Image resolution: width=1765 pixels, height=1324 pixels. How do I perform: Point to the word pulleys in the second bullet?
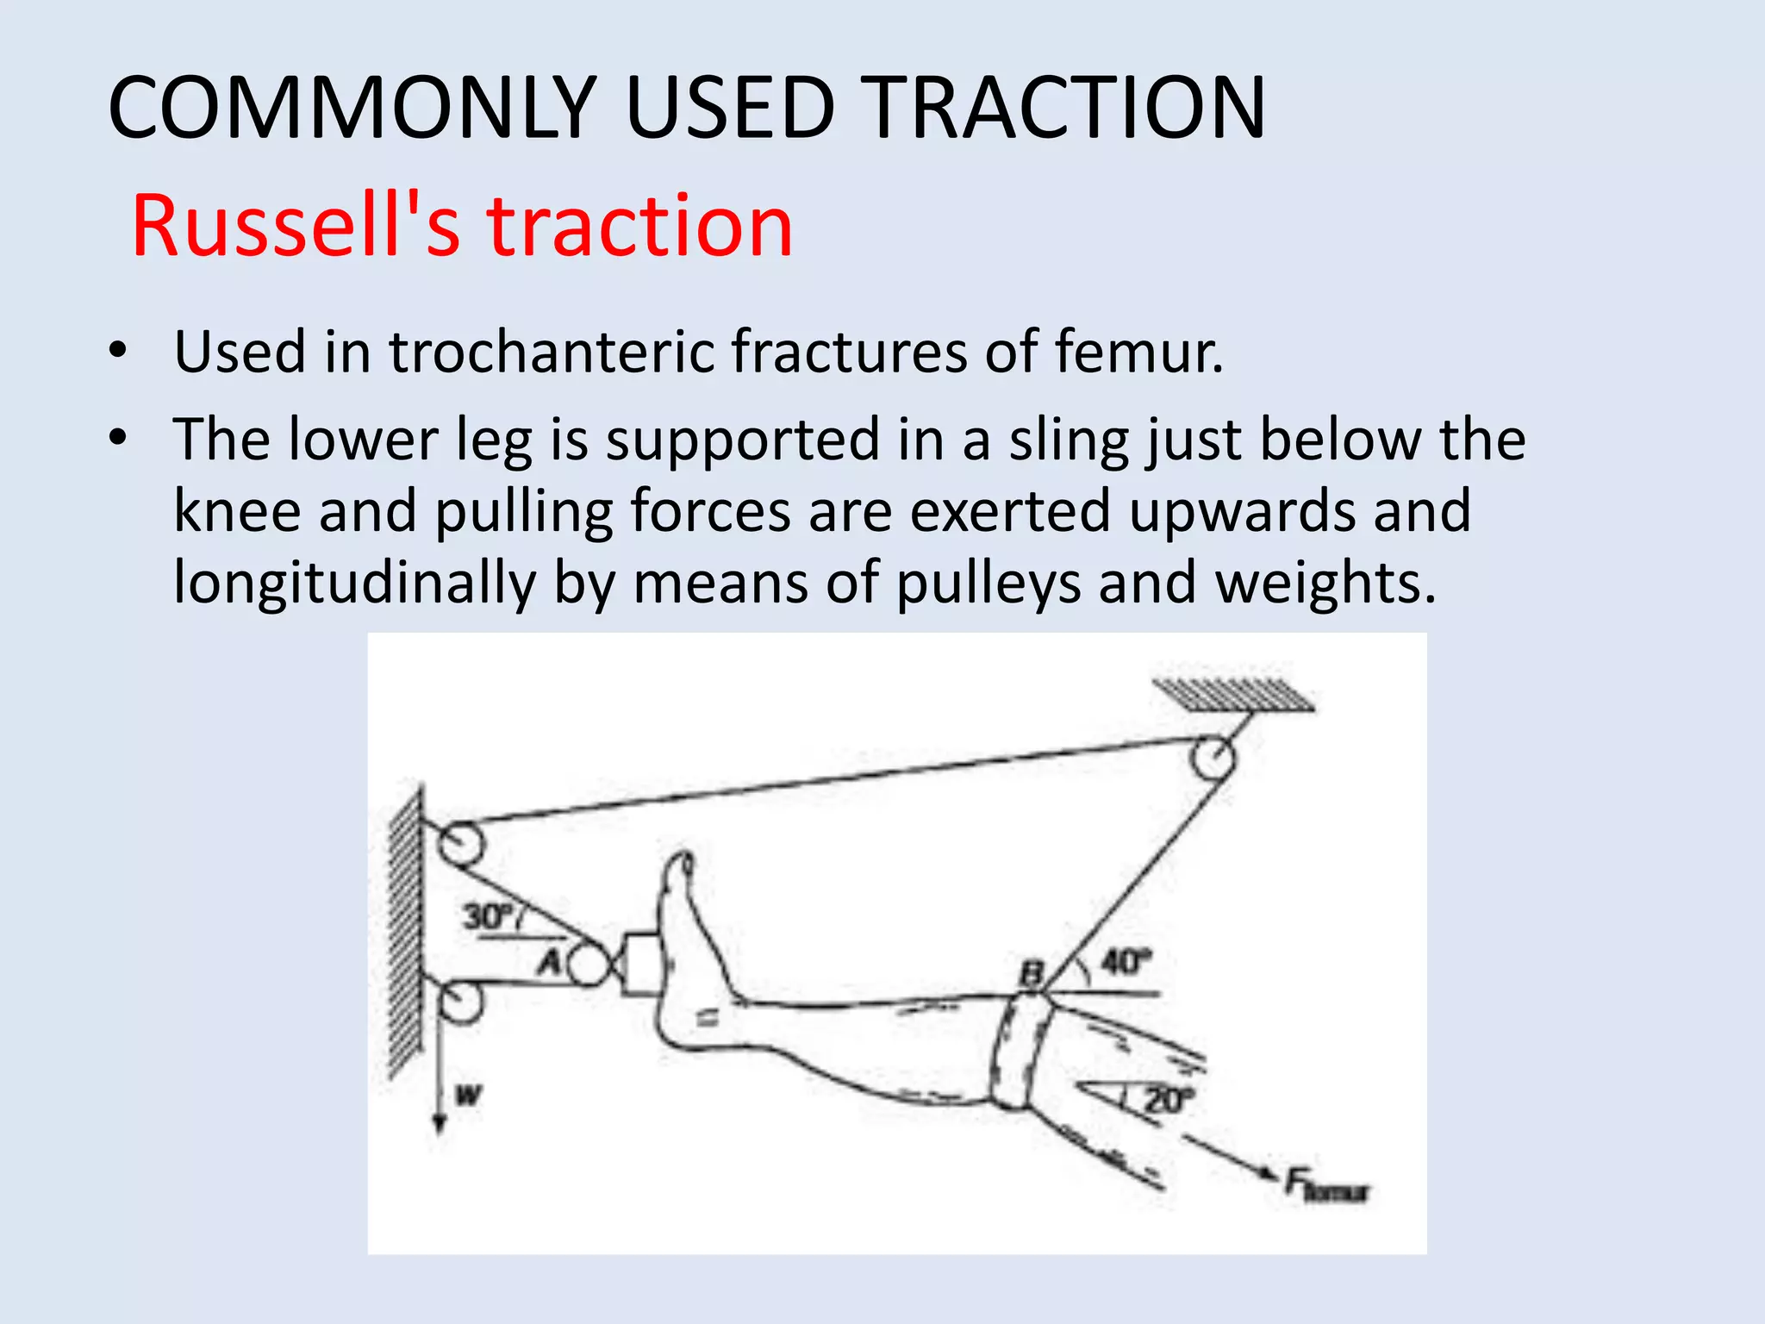988,584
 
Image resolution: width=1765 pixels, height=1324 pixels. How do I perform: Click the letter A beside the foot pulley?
551,960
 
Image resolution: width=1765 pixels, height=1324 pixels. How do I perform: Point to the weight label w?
468,1096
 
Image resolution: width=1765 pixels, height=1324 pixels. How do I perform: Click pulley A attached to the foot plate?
588,965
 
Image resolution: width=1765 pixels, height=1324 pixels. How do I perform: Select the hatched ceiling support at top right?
1232,695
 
